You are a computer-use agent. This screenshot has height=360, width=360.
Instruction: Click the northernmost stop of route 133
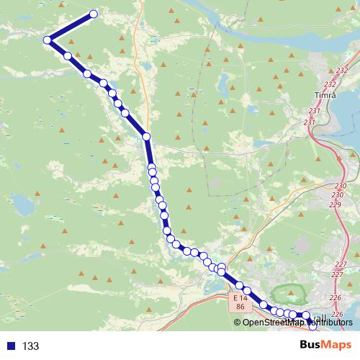(x=93, y=13)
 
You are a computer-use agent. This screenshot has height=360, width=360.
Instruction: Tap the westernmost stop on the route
(x=48, y=40)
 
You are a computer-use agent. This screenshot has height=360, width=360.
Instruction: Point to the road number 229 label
(x=335, y=205)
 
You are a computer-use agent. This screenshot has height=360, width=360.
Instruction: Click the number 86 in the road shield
(x=240, y=307)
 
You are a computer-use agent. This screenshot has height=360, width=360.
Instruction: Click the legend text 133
(x=30, y=346)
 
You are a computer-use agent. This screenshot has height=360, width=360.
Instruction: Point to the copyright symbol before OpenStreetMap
(x=238, y=323)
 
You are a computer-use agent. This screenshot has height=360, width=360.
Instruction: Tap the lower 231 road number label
(x=310, y=122)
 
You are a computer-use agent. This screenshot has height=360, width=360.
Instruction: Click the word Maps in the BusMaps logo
(x=338, y=346)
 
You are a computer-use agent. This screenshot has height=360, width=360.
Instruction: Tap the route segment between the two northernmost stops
(x=71, y=27)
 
